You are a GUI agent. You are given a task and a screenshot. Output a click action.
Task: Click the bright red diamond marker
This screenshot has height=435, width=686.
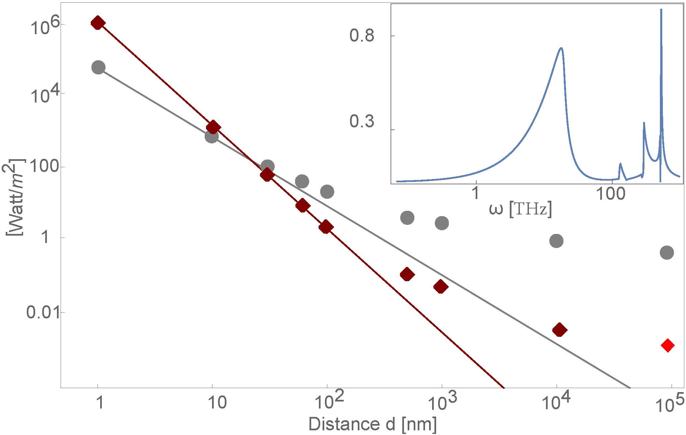click(x=667, y=345)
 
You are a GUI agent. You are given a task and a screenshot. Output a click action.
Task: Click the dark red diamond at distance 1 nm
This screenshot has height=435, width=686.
click(x=97, y=23)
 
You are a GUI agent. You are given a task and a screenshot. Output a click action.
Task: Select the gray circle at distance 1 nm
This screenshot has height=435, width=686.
click(x=98, y=67)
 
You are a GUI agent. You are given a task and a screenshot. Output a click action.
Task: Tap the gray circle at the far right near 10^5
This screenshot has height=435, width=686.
click(x=667, y=252)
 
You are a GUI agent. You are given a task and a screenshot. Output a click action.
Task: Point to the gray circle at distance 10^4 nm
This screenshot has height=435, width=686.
click(x=556, y=241)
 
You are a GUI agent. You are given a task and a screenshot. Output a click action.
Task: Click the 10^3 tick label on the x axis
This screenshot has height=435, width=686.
click(x=442, y=403)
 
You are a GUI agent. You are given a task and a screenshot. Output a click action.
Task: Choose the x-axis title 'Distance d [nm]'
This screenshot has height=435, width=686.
click(x=372, y=424)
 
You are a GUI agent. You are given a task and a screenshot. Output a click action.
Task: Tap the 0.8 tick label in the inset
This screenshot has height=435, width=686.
click(x=362, y=36)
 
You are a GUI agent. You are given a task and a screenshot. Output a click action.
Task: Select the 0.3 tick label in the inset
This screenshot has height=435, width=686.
click(x=362, y=121)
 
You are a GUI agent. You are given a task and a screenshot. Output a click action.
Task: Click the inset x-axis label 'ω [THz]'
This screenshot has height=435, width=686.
click(x=520, y=210)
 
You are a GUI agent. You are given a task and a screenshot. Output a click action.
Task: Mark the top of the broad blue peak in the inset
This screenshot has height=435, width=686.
click(x=561, y=48)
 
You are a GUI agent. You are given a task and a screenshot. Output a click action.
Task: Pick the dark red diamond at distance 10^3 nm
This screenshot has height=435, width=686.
click(x=440, y=287)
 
